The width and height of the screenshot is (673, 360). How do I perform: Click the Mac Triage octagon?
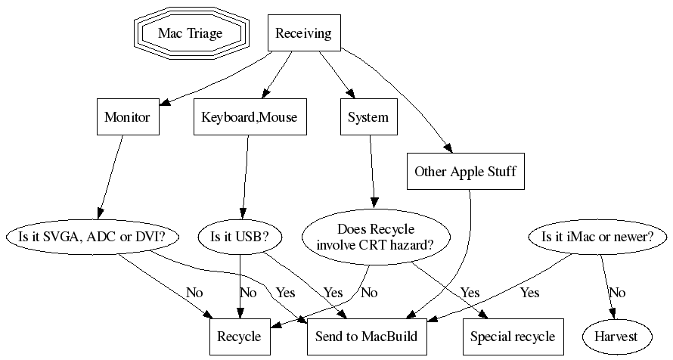[x=191, y=33]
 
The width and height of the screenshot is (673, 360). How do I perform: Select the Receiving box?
[x=302, y=33]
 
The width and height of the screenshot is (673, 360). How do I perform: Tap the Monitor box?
[x=127, y=117]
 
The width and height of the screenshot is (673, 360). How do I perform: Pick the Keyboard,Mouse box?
[x=250, y=117]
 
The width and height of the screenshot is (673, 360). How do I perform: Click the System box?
[x=368, y=117]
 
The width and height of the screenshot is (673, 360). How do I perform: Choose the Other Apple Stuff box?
[x=465, y=172]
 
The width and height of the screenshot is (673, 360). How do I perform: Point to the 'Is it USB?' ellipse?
[x=240, y=237]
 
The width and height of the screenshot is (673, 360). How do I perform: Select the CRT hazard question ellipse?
[x=376, y=237]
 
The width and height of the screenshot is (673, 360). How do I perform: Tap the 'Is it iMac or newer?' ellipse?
[x=598, y=237]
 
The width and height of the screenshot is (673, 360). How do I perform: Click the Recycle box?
[x=239, y=337]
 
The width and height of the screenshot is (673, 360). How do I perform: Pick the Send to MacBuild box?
[x=362, y=337]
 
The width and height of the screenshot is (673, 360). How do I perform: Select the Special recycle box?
[x=513, y=337]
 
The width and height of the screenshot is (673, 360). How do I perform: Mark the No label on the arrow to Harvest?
[x=618, y=293]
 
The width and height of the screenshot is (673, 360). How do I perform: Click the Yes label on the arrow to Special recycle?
[x=470, y=293]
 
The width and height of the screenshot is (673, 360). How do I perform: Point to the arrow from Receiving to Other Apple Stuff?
[x=408, y=91]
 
